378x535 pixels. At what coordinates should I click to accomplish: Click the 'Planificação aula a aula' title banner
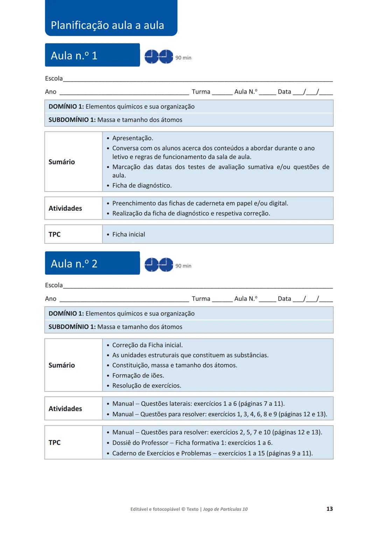pyautogui.click(x=107, y=25)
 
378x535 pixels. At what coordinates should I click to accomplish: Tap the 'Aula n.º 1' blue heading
pyautogui.click(x=74, y=56)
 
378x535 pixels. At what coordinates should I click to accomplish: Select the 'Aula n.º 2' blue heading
pyautogui.click(x=74, y=263)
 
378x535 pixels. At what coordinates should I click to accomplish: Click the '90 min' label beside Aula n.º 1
pyautogui.click(x=183, y=58)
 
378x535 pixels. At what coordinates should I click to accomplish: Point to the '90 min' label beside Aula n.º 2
pyautogui.click(x=183, y=266)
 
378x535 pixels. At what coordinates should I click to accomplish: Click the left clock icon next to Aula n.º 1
pyautogui.click(x=152, y=56)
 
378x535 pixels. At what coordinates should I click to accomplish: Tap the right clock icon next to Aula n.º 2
pyautogui.click(x=166, y=265)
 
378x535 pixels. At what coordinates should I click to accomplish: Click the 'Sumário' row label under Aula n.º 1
pyautogui.click(x=62, y=162)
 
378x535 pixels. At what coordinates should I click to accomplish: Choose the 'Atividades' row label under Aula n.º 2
pyautogui.click(x=65, y=409)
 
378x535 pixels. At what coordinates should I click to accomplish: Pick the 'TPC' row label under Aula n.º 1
pyautogui.click(x=55, y=234)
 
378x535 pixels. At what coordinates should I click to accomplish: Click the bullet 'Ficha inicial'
pyautogui.click(x=128, y=234)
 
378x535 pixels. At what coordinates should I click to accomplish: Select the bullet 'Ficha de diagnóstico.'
pyautogui.click(x=142, y=185)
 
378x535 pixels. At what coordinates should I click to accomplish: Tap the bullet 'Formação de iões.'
pyautogui.click(x=138, y=376)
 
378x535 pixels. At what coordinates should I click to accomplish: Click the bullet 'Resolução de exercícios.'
pyautogui.click(x=147, y=386)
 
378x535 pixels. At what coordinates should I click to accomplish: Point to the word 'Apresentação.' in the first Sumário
pyautogui.click(x=133, y=138)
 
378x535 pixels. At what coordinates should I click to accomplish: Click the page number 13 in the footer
pyautogui.click(x=329, y=509)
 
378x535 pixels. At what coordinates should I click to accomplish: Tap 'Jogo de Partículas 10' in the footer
pyautogui.click(x=225, y=509)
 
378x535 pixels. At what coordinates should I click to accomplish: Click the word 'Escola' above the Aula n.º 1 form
pyautogui.click(x=54, y=78)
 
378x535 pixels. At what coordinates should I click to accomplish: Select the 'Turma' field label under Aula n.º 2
pyautogui.click(x=201, y=299)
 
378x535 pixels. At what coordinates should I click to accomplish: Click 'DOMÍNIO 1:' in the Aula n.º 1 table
pyautogui.click(x=66, y=107)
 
